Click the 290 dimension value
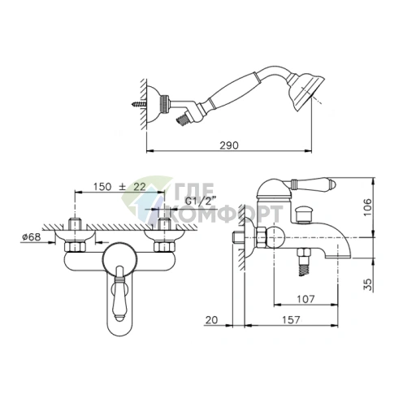point(229,145)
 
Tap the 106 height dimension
point(367,207)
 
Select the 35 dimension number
point(367,284)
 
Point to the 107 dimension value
point(306,299)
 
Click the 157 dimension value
point(291,320)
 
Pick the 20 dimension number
point(211,320)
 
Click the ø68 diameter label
point(32,237)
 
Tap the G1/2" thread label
point(201,201)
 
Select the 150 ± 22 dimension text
point(119,187)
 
